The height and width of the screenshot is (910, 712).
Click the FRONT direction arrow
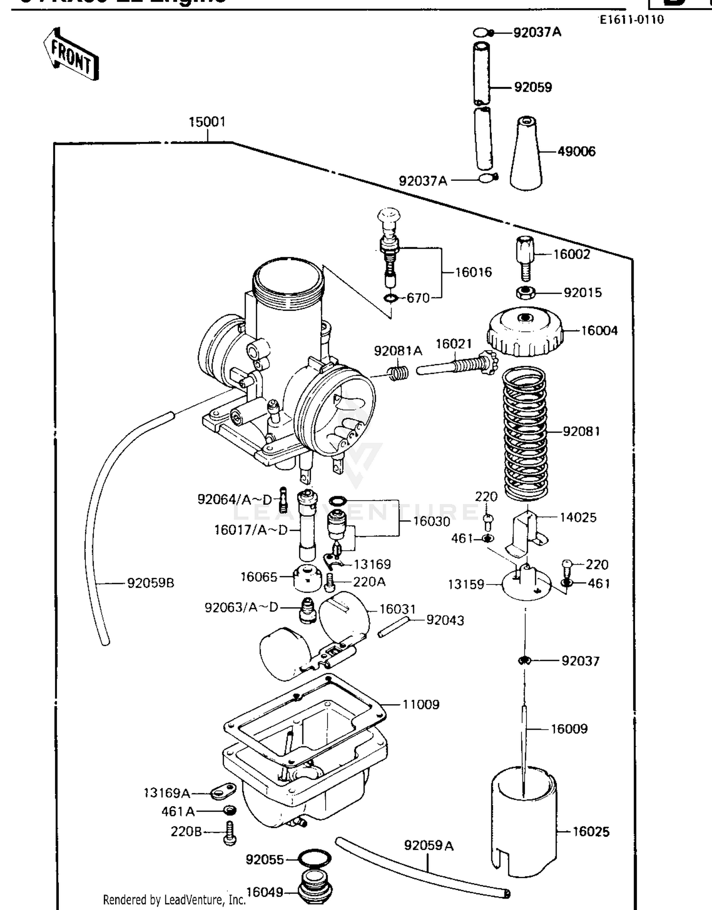pos(71,55)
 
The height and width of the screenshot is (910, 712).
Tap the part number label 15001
pos(207,122)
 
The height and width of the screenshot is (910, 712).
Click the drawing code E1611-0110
pos(631,20)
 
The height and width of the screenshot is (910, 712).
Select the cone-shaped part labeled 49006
pos(526,154)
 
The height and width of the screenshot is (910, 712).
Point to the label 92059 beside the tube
pos(533,87)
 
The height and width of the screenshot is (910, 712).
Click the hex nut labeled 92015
pos(525,292)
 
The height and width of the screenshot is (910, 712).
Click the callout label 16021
pos(454,344)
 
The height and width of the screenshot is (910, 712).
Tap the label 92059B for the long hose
pos(150,583)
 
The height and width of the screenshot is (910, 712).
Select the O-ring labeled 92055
pos(314,859)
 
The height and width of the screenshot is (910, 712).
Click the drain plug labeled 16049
pos(315,887)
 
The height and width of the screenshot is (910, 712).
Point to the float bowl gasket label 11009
pos(421,705)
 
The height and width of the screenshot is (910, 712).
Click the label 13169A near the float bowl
pos(167,793)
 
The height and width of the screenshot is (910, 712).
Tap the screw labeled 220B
pos(230,833)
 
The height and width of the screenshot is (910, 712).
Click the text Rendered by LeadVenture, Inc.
pos(174,900)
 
